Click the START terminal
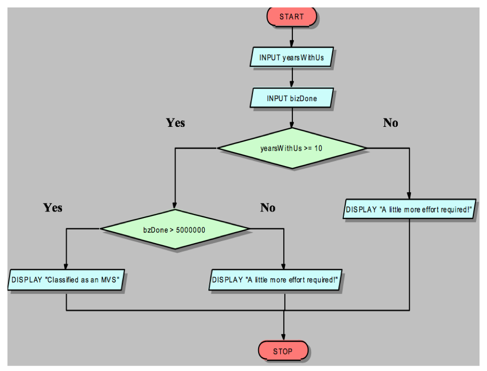[292, 17]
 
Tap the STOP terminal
[283, 351]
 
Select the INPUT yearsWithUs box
[292, 57]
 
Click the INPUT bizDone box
[292, 98]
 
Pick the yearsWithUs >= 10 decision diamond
[291, 149]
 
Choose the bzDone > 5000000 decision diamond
[174, 229]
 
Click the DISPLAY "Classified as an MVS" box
[66, 279]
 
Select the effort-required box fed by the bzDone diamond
[274, 279]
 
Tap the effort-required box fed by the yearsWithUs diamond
[409, 209]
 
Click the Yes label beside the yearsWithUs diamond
[175, 123]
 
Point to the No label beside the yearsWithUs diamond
[390, 123]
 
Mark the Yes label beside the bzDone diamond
[53, 207]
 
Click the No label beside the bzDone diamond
[268, 207]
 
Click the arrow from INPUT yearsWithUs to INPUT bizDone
[292, 78]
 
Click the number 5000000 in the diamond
[191, 230]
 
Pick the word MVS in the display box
[110, 280]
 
